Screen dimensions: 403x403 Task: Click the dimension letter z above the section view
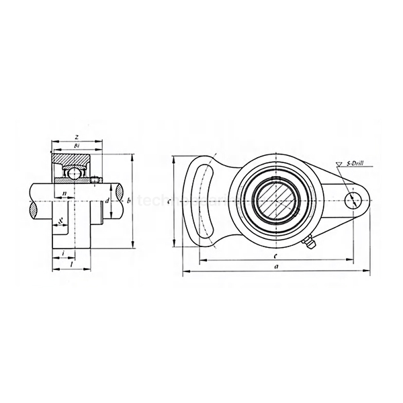(x=77, y=136)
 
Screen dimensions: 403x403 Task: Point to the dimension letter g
(x=60, y=220)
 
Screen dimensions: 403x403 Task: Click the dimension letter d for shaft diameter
(x=107, y=200)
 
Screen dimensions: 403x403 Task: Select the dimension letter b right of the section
(x=128, y=200)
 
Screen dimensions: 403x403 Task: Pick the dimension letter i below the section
(x=62, y=253)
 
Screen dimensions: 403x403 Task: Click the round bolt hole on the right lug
(x=354, y=199)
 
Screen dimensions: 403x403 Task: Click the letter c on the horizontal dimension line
(x=276, y=256)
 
